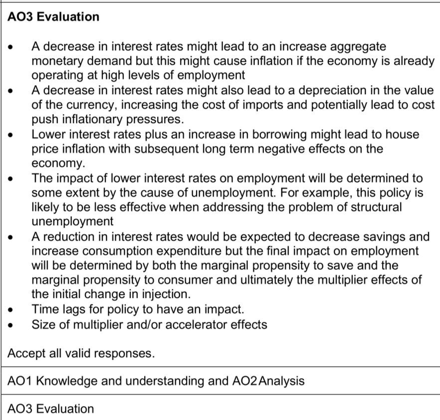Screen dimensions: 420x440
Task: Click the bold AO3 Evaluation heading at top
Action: pyautogui.click(x=54, y=16)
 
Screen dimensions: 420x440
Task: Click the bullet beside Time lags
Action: pyautogui.click(x=11, y=310)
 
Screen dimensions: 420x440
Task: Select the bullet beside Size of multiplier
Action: pyautogui.click(x=11, y=325)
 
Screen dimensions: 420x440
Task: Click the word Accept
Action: pyautogui.click(x=25, y=354)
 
